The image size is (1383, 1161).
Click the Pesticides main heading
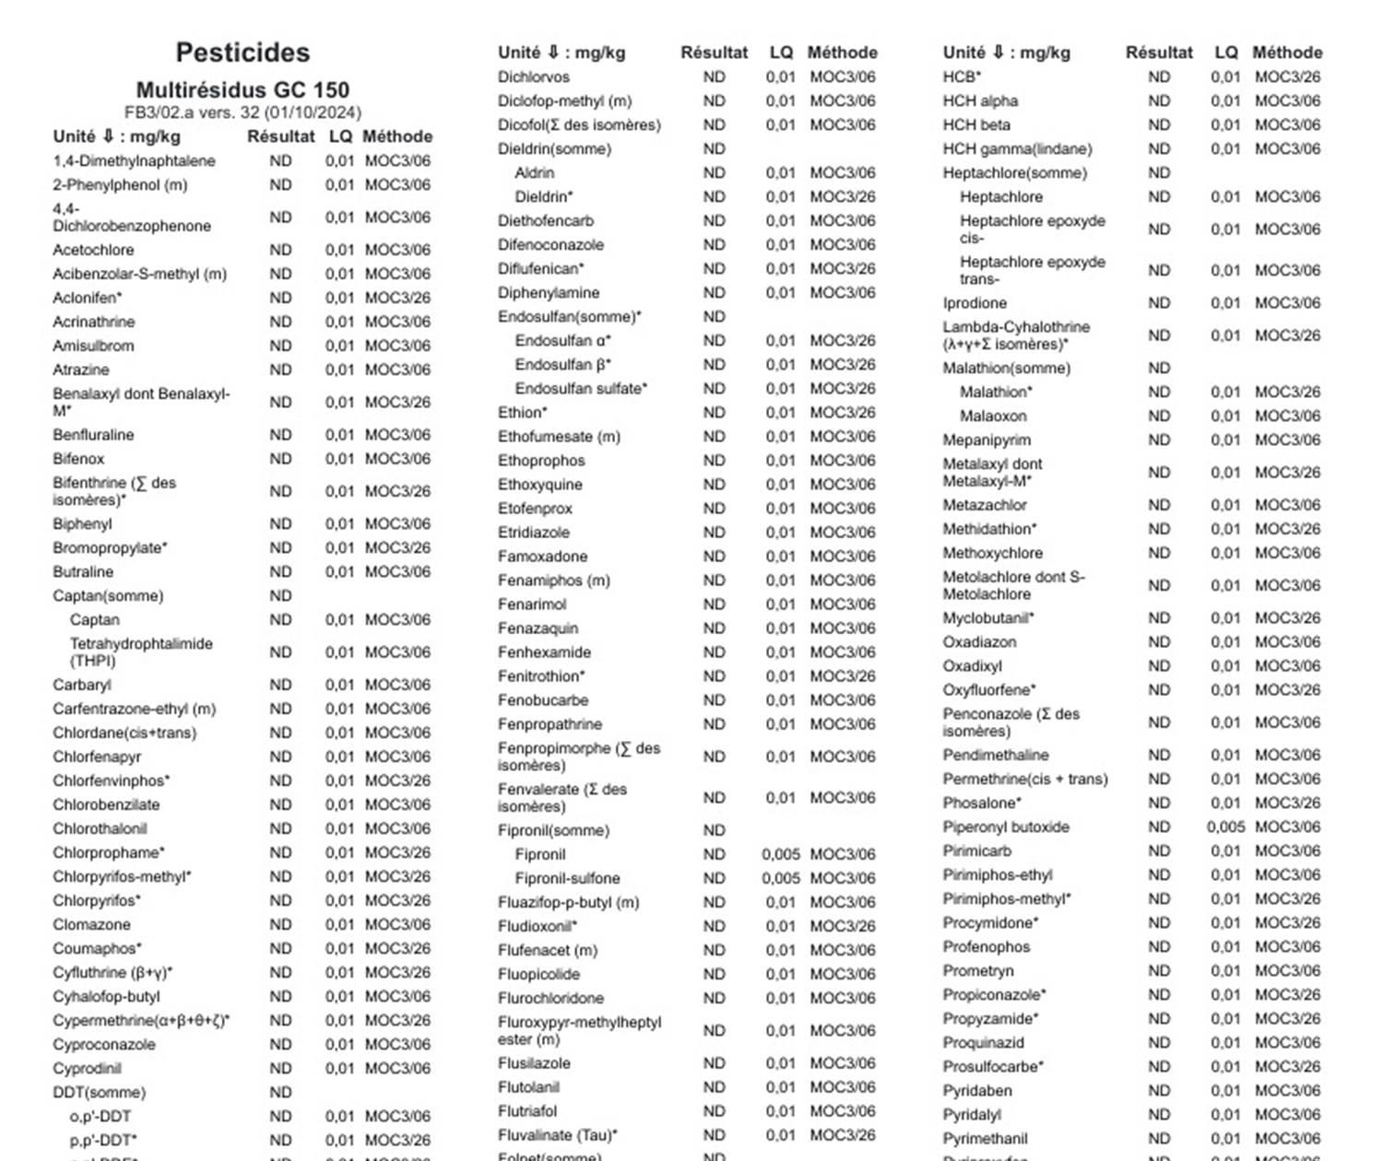(242, 53)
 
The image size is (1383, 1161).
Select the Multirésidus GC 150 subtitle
(242, 90)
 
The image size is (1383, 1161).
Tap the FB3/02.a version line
(242, 113)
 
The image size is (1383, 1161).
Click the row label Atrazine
(81, 369)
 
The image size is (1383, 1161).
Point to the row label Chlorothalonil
(100, 828)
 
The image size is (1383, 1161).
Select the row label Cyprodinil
(87, 1068)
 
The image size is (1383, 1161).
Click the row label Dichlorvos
(534, 76)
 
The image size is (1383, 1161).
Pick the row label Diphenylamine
(549, 292)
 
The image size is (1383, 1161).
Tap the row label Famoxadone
(542, 556)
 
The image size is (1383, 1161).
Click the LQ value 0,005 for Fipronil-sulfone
(780, 878)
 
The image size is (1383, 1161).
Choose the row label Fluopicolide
(538, 974)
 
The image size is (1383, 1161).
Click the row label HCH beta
(976, 124)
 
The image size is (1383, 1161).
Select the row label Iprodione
(975, 302)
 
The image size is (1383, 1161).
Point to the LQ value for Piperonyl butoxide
(1225, 827)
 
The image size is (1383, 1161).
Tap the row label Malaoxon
(993, 416)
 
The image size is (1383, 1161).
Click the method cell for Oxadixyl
(1287, 665)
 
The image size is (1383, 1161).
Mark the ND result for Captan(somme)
(280, 595)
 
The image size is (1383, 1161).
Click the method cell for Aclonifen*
(397, 298)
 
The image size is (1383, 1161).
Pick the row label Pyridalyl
(972, 1114)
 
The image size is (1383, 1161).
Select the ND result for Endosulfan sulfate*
(714, 388)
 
